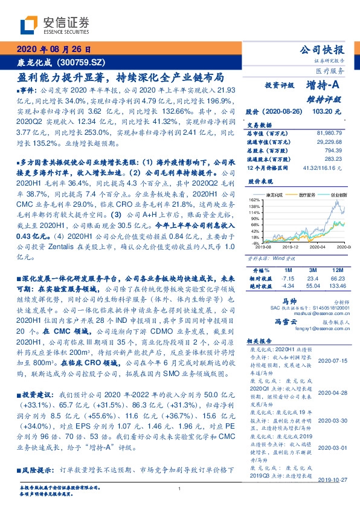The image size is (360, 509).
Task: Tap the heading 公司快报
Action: point(322,50)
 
